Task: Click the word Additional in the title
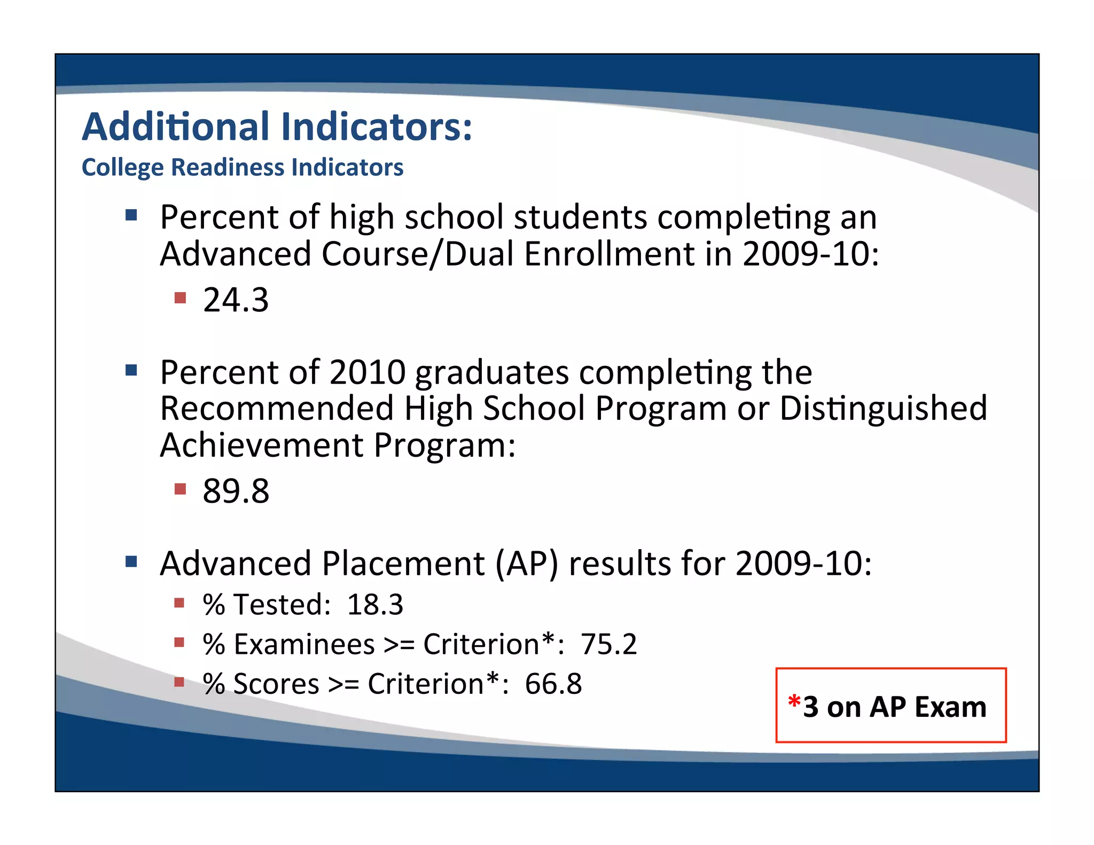[x=176, y=127]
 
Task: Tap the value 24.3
[x=236, y=300]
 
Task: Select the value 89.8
[x=236, y=491]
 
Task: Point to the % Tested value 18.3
[x=375, y=605]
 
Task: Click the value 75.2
[x=608, y=644]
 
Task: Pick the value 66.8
[x=553, y=684]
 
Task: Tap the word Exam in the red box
[x=950, y=707]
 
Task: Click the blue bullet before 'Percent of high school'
[x=131, y=215]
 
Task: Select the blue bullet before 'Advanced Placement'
[x=131, y=561]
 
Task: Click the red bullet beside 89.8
[x=180, y=489]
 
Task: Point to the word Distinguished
[x=883, y=409]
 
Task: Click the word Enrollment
[x=609, y=254]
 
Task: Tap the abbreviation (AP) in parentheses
[x=526, y=564]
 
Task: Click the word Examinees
[x=304, y=644]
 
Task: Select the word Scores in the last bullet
[x=276, y=684]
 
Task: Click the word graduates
[x=492, y=372]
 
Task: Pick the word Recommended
[x=277, y=409]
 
